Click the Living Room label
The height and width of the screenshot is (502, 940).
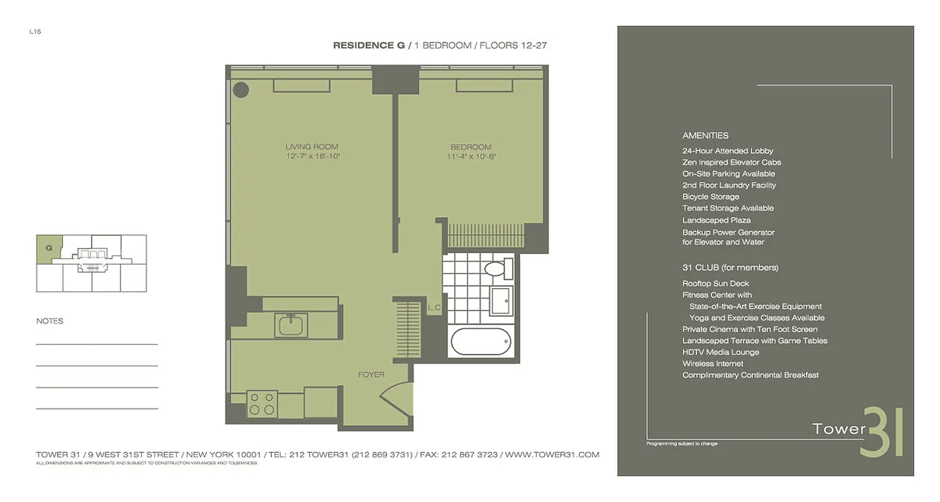(312, 147)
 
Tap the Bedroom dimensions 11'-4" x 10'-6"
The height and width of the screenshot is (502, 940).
(469, 157)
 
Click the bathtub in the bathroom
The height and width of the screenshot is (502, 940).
(481, 342)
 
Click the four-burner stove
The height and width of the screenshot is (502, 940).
(262, 403)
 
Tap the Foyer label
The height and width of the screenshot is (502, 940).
(371, 375)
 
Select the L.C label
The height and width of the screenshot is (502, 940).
(434, 307)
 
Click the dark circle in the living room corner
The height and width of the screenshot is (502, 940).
(240, 90)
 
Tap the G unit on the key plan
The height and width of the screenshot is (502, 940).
(49, 248)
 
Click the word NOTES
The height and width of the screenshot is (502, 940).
(50, 321)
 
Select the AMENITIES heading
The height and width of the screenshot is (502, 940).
(705, 136)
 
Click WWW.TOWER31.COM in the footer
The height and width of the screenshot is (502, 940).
(552, 454)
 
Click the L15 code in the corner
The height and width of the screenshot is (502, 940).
(35, 31)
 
